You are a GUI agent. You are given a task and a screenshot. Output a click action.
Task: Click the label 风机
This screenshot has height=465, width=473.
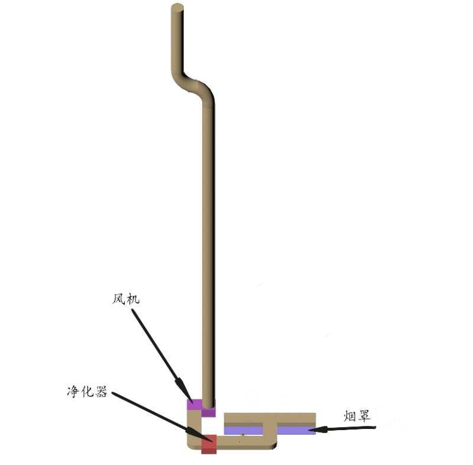126,299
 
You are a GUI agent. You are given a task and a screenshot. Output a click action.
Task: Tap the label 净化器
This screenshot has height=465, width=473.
87,392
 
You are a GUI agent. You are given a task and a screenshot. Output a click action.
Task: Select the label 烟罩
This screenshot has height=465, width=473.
357,416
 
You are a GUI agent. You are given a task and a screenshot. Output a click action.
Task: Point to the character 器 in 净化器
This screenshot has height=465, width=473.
101,392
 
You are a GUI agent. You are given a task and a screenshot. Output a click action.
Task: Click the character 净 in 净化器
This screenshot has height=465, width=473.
73,392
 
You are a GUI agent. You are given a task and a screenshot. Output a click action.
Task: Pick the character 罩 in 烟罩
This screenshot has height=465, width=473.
364,416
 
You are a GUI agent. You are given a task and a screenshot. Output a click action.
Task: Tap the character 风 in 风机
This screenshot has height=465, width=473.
119,299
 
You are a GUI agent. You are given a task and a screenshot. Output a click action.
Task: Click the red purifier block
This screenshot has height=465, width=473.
209,444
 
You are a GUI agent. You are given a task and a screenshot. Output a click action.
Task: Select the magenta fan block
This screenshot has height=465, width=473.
201,408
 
